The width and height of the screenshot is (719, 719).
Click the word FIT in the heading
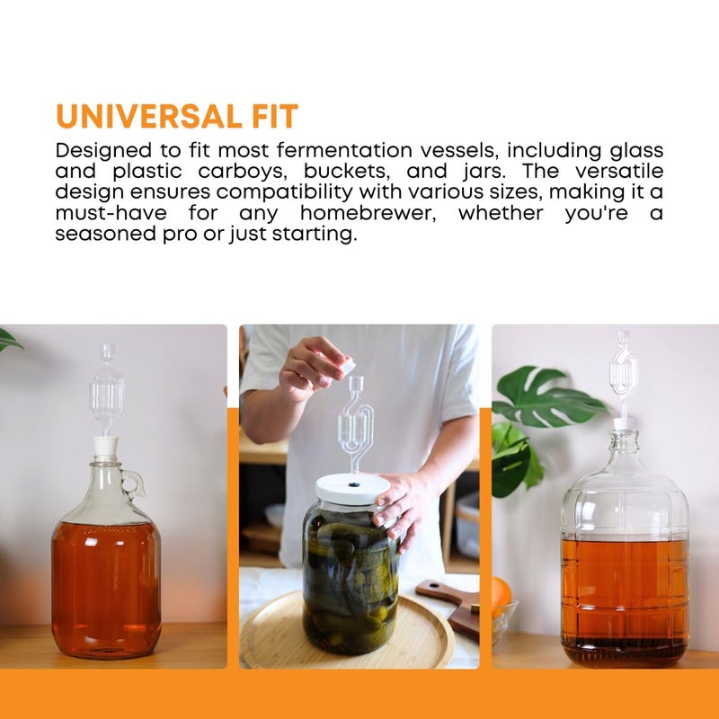tap(269, 117)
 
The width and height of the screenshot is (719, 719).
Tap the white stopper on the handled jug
tap(106, 448)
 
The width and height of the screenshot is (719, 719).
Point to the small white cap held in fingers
tap(346, 366)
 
